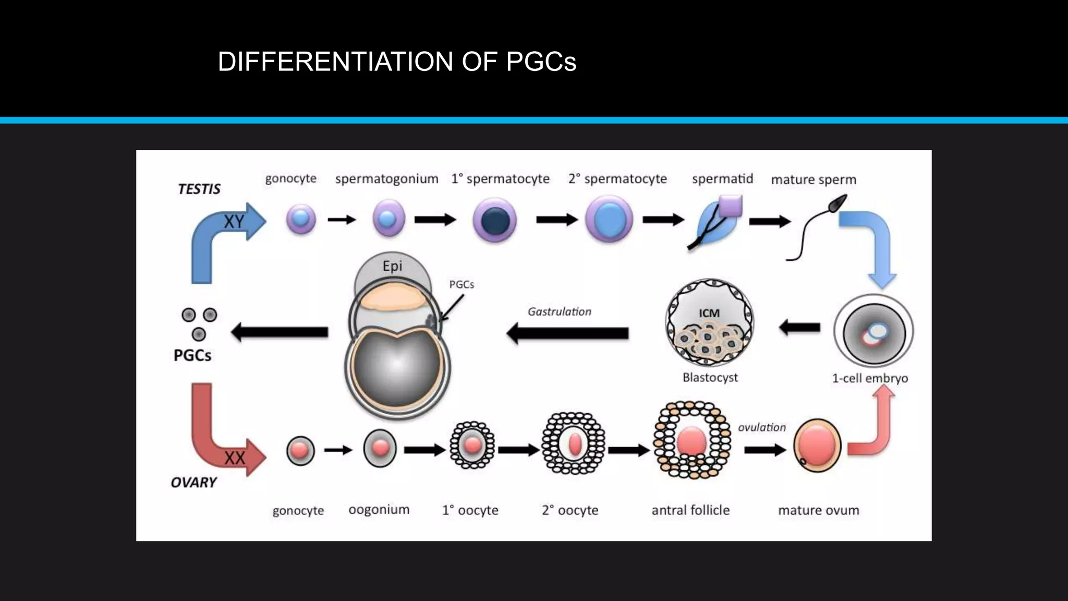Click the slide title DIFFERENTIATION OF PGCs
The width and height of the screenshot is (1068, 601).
[x=397, y=62]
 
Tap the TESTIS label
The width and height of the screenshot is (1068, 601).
[x=199, y=189]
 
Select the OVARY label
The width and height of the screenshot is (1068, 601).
[x=193, y=482]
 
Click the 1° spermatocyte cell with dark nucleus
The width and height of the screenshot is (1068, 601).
[x=494, y=220]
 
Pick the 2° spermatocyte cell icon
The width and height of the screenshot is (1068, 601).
[x=609, y=220]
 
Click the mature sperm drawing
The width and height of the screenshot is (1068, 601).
[x=816, y=227]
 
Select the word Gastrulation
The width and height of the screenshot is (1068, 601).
[x=559, y=311]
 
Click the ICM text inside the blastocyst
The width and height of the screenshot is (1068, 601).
[x=709, y=313]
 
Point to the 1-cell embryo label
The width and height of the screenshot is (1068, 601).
[x=869, y=378]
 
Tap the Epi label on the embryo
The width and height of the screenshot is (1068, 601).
[x=392, y=266]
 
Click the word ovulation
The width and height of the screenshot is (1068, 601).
[x=761, y=427]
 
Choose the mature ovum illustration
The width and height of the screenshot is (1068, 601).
[x=817, y=445]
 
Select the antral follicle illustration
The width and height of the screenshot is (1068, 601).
[x=691, y=440]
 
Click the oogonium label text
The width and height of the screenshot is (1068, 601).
[x=379, y=509]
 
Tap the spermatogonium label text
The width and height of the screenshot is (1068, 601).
[x=386, y=178]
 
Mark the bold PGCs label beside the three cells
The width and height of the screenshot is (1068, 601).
[x=192, y=355]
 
